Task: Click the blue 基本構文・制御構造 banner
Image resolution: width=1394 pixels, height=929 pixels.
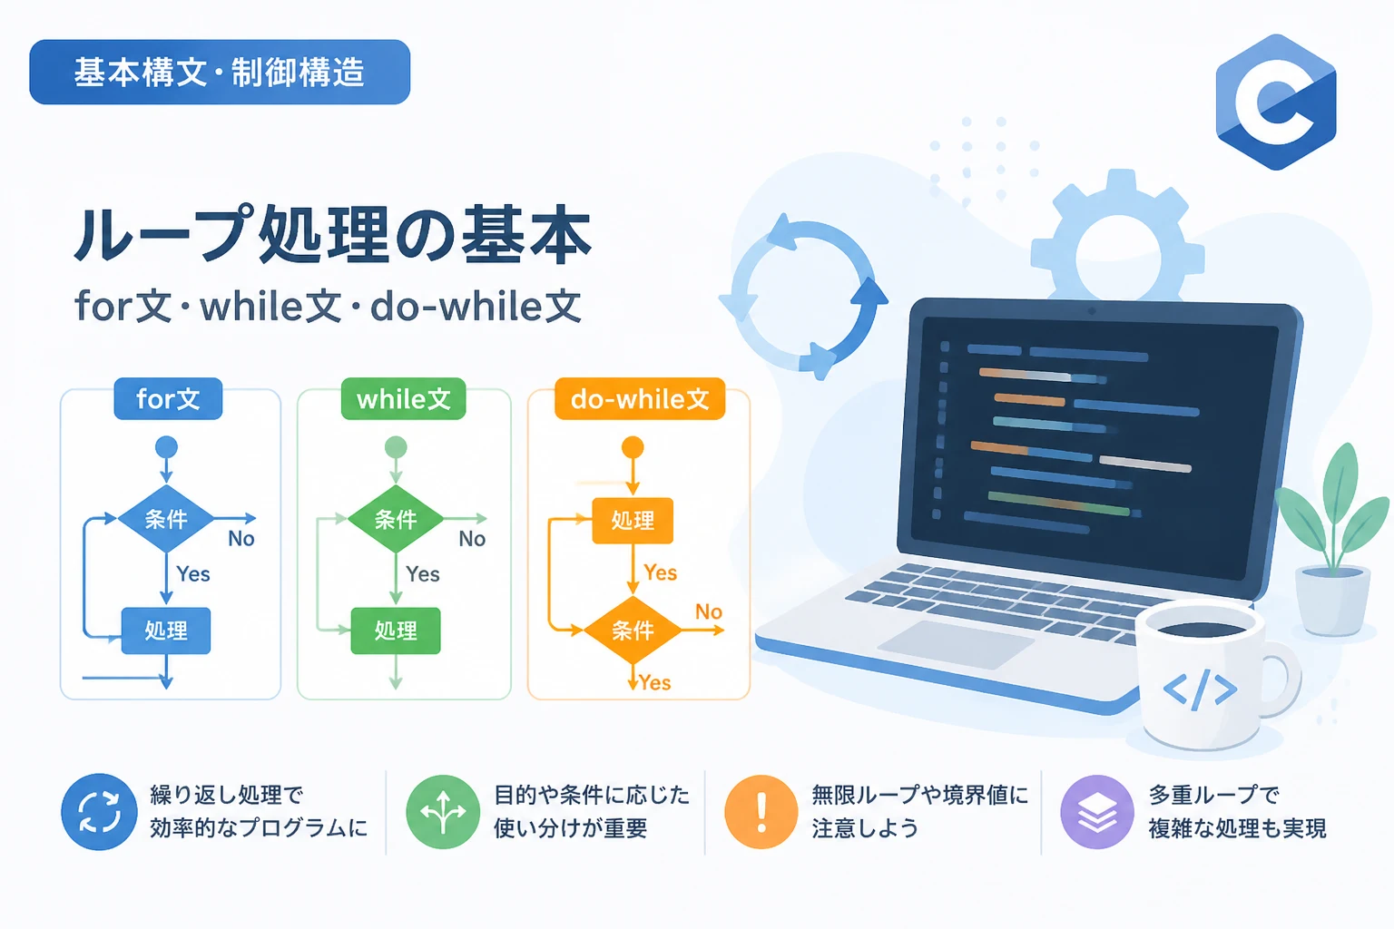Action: [220, 72]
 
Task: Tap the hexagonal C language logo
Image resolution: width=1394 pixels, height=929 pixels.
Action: [1276, 102]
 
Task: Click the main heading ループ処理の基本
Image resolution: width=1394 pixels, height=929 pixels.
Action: [332, 236]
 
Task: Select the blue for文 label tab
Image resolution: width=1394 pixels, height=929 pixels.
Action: [168, 399]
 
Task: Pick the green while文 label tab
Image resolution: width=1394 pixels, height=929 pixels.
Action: [403, 399]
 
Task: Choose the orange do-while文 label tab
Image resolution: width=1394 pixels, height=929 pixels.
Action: [640, 399]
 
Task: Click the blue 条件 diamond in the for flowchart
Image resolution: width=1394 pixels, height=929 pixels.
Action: [166, 518]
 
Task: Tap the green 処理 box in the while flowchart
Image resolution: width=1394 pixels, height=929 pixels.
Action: [396, 631]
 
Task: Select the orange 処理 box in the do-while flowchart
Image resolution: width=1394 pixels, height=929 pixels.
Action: [633, 520]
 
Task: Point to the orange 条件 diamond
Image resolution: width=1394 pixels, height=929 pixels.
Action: [633, 631]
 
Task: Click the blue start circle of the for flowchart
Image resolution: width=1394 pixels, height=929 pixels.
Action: [166, 447]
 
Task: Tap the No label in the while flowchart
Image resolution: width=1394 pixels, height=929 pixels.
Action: [472, 539]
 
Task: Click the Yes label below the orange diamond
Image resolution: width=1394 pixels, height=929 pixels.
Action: [654, 683]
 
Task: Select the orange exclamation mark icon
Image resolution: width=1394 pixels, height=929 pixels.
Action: [761, 812]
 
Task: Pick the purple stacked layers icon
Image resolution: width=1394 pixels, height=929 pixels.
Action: [1097, 812]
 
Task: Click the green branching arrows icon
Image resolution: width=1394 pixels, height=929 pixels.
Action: [443, 812]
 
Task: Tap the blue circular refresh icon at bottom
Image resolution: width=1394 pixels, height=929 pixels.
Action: [99, 812]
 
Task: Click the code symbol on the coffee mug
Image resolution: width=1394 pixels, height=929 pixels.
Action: [1200, 689]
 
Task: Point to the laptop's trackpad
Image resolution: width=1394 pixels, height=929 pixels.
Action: [957, 644]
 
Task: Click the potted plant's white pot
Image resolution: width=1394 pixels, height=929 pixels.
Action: [1332, 600]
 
